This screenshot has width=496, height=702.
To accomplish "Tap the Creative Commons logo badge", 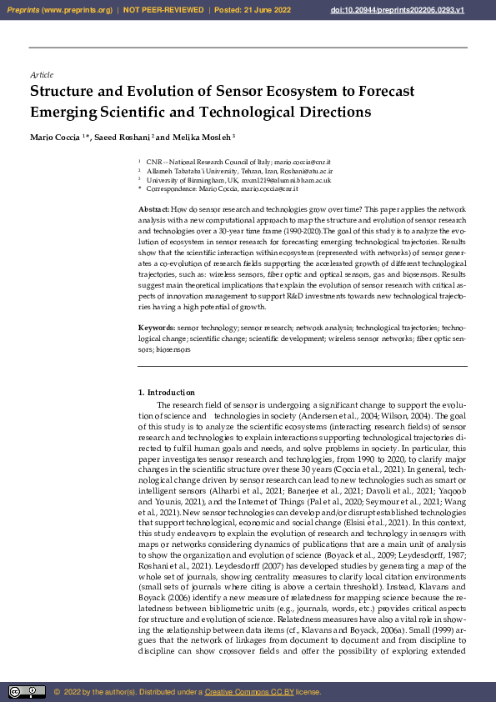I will (x=27, y=692).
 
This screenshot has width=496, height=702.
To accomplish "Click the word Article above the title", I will (x=42, y=75).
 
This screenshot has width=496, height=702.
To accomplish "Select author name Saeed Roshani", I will (x=118, y=136).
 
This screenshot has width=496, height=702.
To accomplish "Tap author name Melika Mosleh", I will (x=201, y=136).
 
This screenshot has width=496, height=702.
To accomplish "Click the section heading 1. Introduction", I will (x=166, y=393).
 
